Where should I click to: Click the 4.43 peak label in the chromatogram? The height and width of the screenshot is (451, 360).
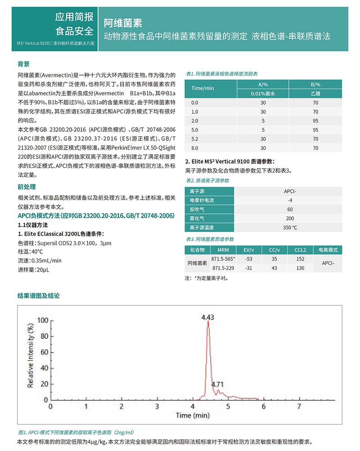click(x=207, y=317)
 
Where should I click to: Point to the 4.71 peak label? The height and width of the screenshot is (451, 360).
click(x=217, y=384)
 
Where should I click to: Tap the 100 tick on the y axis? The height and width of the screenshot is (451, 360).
click(x=42, y=321)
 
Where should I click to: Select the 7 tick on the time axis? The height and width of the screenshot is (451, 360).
click(x=299, y=406)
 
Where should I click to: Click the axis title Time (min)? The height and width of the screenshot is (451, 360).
click(x=193, y=415)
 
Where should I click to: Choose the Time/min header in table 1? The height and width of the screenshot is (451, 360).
click(x=203, y=88)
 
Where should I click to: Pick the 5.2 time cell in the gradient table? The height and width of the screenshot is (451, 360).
click(x=195, y=139)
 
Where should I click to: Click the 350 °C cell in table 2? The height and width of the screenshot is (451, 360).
click(x=290, y=228)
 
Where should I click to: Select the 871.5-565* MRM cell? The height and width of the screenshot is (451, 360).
click(x=224, y=259)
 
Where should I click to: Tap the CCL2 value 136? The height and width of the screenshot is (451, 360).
click(x=300, y=268)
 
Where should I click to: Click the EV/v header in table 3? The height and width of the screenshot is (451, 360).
click(x=248, y=250)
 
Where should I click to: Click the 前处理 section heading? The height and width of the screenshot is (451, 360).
click(x=27, y=187)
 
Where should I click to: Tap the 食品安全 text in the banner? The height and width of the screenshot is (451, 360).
click(x=74, y=31)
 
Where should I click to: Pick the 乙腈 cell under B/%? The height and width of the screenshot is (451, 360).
click(x=315, y=94)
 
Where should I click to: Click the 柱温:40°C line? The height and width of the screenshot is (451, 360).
click(x=31, y=252)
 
